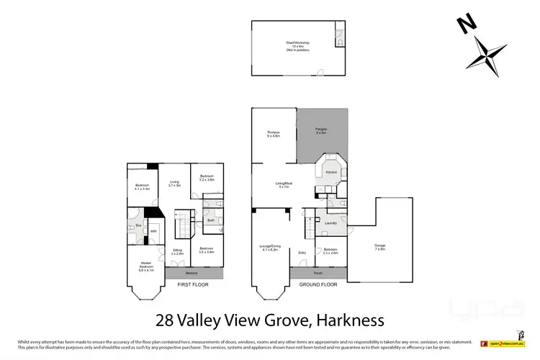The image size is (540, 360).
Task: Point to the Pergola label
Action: [320, 131]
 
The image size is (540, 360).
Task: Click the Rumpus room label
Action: [273, 133]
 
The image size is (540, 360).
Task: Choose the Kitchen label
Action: [330, 173]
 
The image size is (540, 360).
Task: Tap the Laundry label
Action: [332, 224]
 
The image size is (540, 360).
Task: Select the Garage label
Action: [379, 246]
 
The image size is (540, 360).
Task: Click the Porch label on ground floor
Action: [318, 274]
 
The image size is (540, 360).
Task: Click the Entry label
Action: [302, 252]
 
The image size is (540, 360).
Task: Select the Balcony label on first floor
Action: [191, 274]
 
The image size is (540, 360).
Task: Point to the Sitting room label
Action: [177, 251]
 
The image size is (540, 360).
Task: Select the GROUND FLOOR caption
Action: [318, 285]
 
